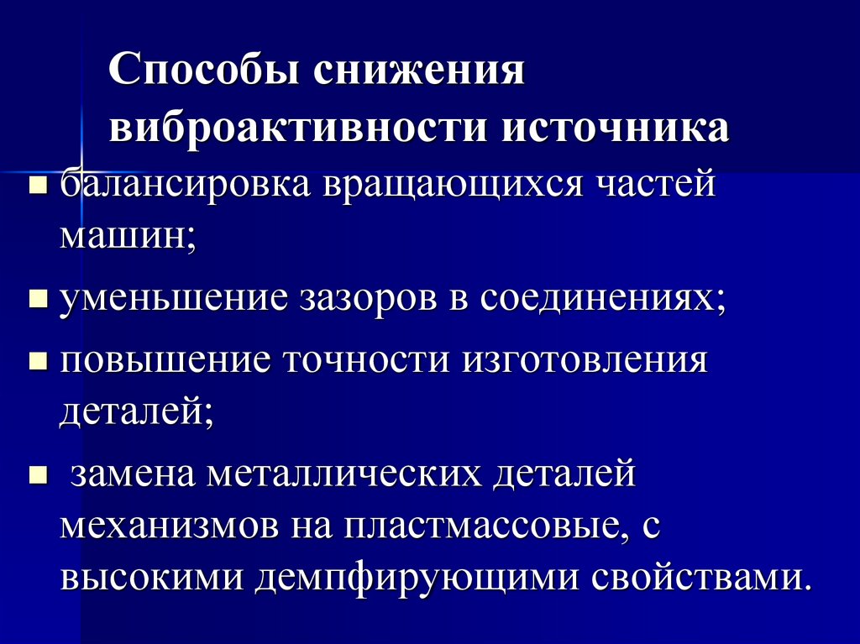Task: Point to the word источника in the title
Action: tap(616, 128)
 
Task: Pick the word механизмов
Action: tap(169, 528)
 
